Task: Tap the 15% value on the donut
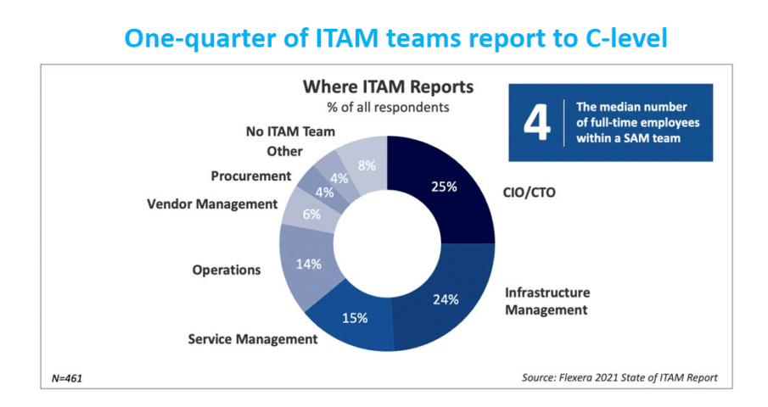point(356,318)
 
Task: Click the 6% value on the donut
point(311,215)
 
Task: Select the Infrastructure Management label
point(547,301)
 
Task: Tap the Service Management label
point(252,339)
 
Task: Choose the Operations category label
point(226,270)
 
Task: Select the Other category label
point(284,151)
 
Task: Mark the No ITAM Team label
point(290,131)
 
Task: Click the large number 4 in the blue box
point(535,122)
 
